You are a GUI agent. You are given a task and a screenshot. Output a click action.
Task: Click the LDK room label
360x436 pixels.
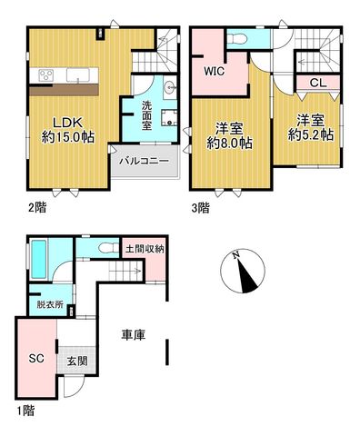67,123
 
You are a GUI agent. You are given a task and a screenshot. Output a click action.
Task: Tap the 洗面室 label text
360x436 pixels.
146,115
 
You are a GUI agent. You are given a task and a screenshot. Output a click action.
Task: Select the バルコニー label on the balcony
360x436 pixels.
144,161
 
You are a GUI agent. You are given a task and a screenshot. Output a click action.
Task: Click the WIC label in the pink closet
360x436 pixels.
215,72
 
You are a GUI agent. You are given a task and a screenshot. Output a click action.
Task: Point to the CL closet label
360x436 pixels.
318,83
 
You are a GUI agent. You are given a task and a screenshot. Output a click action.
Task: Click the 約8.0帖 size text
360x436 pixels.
229,143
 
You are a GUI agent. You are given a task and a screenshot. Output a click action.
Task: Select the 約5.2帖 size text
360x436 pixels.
311,134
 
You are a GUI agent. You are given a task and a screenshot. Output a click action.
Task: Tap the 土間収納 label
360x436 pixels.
145,249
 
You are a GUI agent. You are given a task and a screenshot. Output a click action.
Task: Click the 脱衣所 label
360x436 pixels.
50,304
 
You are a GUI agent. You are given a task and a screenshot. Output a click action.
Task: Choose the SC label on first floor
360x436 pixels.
36,359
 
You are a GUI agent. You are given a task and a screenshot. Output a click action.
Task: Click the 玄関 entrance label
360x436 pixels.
77,361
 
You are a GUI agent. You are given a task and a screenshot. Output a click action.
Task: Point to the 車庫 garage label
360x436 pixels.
134,334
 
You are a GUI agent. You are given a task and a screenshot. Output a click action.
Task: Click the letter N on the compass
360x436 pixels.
236,255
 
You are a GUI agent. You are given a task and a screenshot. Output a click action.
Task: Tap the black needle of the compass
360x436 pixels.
247,276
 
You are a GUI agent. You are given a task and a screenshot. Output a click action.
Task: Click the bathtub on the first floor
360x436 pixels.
39,260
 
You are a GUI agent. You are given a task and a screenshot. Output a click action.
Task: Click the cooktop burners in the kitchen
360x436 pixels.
46,74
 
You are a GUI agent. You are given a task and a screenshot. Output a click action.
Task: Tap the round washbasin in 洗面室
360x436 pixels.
170,88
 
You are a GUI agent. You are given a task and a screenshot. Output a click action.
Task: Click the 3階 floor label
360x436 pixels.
200,208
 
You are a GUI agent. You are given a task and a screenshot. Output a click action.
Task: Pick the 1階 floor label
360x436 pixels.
25,411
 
